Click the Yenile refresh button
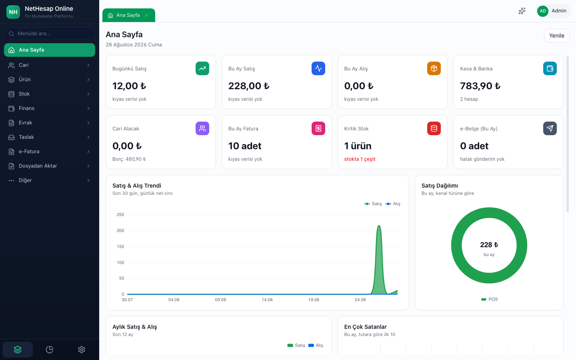click(556, 36)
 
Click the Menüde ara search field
click(49, 34)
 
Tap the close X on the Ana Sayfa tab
click(146, 16)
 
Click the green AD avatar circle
click(542, 11)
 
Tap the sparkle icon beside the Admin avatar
click(522, 11)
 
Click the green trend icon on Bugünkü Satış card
click(202, 68)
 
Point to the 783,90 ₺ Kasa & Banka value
click(480, 86)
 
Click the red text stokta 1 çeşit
click(360, 159)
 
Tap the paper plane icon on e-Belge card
click(550, 128)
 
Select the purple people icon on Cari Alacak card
click(202, 128)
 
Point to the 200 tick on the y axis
click(120, 230)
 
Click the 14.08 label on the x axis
click(267, 300)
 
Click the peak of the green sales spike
click(379, 226)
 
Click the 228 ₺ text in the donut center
click(489, 245)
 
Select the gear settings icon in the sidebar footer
click(82, 350)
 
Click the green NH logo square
click(13, 12)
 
